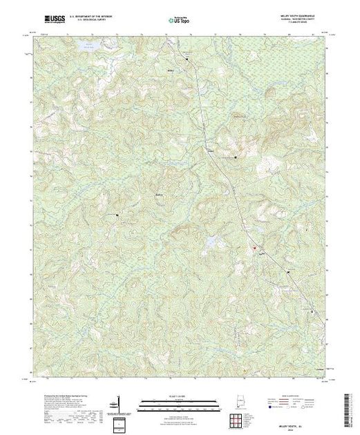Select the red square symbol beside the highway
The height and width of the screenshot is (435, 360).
tap(254, 248)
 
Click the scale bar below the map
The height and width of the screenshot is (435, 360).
tap(179, 400)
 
